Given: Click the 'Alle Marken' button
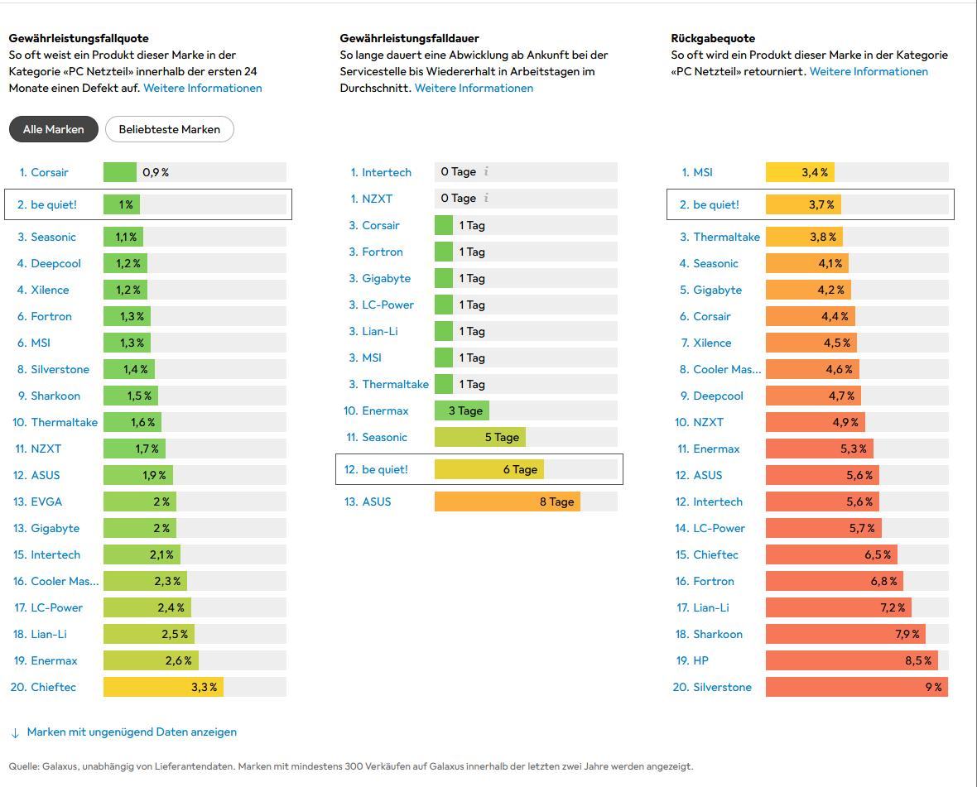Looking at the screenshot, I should [53, 129].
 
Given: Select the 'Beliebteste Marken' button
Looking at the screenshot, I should [170, 129].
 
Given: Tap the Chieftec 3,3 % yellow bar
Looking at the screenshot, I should [163, 687].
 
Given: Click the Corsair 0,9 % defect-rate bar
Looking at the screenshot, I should [120, 172].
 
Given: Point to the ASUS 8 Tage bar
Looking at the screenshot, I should [507, 501].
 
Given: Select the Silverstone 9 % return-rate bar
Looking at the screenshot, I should [856, 687].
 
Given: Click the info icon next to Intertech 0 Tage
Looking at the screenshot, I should [486, 172].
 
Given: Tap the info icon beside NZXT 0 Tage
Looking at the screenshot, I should [486, 199].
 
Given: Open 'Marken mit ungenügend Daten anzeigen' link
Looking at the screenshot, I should [132, 732].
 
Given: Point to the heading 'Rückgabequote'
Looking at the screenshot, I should [713, 38].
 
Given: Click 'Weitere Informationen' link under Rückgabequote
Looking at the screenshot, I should [869, 71].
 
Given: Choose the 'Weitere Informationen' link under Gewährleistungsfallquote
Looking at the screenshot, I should [203, 88].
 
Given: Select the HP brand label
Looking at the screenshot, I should [700, 660].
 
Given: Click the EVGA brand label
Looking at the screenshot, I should [46, 501].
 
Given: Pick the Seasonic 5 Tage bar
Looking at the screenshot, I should [479, 437].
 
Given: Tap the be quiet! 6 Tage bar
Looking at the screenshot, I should [488, 469].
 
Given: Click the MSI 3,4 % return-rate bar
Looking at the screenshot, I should [800, 172].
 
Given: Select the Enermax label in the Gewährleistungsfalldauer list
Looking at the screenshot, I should [385, 410].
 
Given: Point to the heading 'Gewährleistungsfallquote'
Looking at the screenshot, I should [79, 38].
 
